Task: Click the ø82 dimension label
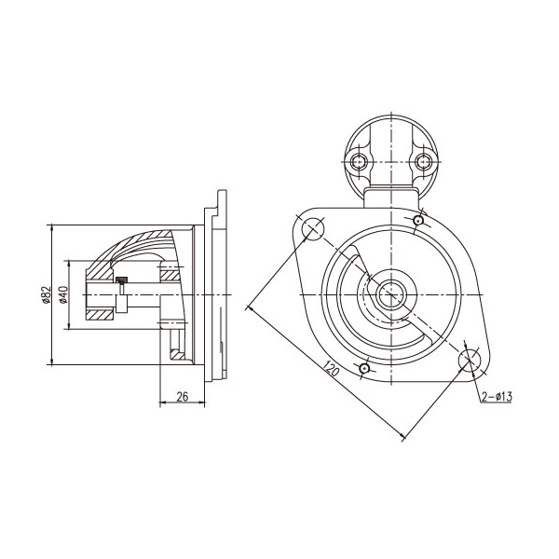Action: (46, 294)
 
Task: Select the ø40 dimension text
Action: (63, 294)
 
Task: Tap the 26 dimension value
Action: (183, 397)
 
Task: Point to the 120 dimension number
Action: (332, 369)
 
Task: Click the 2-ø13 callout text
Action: (497, 396)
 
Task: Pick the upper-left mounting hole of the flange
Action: (313, 228)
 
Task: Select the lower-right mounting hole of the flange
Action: (470, 360)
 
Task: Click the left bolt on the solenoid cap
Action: (359, 162)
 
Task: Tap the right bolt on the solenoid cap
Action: (424, 162)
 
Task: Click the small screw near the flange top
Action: (418, 221)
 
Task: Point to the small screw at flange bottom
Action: (364, 368)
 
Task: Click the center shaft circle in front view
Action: (391, 294)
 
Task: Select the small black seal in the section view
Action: (121, 279)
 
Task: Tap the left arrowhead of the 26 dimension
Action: (162, 402)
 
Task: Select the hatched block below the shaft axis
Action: (100, 315)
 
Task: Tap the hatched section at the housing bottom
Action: (178, 355)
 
